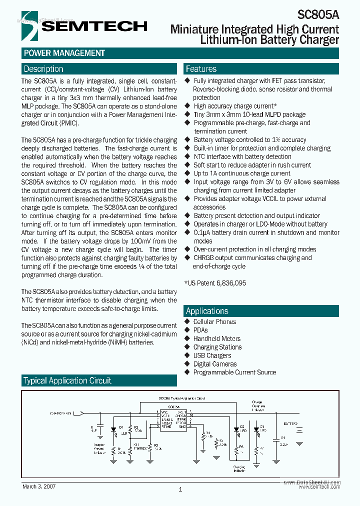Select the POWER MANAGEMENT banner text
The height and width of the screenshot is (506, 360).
(x=64, y=53)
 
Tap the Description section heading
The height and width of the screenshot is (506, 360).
(x=43, y=69)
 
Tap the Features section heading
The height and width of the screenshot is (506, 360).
(x=201, y=69)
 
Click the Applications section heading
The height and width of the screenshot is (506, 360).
(x=207, y=310)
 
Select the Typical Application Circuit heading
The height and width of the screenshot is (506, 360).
(x=67, y=380)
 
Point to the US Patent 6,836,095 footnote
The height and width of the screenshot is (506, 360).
(x=215, y=283)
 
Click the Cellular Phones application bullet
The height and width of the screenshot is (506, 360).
(x=214, y=321)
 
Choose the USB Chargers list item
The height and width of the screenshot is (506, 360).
(x=212, y=355)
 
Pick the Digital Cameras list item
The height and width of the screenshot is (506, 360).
(x=215, y=364)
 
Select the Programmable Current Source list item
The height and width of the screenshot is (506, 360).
(x=234, y=372)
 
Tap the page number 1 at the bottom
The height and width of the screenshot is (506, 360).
(x=180, y=490)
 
